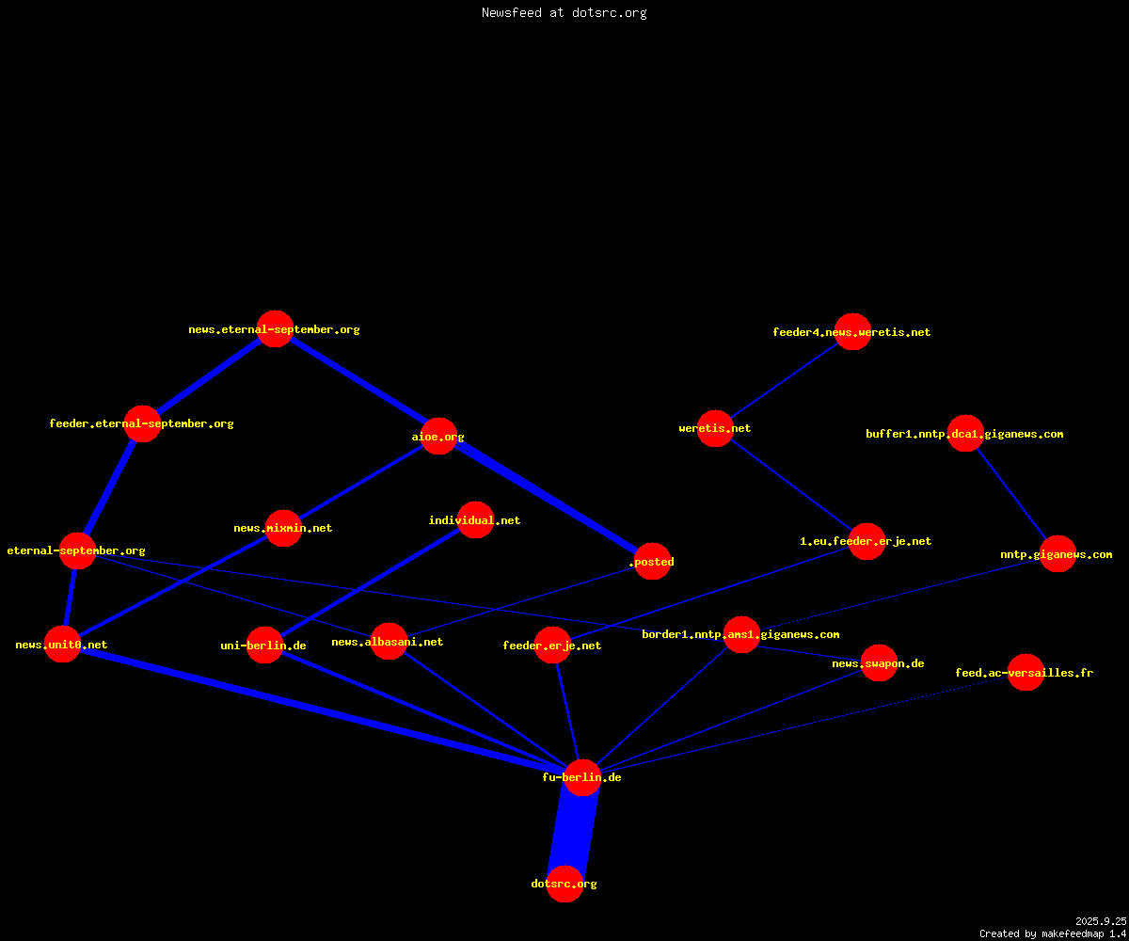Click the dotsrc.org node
tap(564, 884)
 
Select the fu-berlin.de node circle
tap(582, 777)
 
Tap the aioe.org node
tap(438, 436)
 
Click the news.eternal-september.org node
tap(276, 328)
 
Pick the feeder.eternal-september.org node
tap(142, 423)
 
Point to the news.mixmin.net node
tap(283, 528)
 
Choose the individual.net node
tap(475, 519)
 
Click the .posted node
tap(652, 561)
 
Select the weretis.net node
tap(715, 428)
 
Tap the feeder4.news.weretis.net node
tap(852, 331)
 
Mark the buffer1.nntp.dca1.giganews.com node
tap(965, 433)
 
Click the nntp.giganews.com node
tap(1057, 554)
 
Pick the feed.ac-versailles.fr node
tap(1026, 672)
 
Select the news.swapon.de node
tap(879, 662)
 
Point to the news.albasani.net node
tap(389, 642)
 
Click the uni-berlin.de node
tap(264, 645)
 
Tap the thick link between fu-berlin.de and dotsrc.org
tap(573, 831)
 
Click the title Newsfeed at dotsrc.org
tap(564, 12)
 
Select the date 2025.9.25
tap(1101, 921)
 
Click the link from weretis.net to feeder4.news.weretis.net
tap(784, 379)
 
